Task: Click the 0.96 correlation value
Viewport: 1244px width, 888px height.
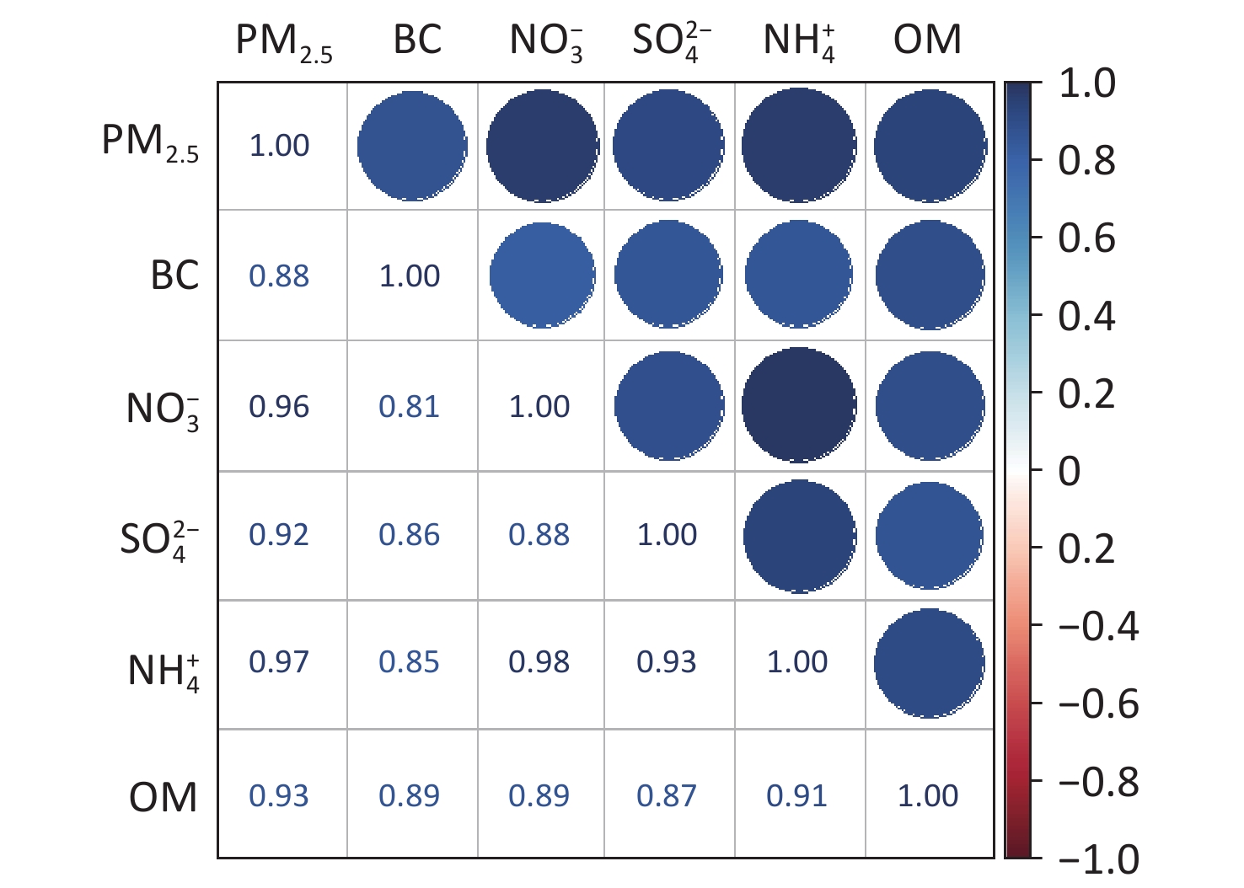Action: point(279,407)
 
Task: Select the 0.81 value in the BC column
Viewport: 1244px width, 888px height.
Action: point(409,407)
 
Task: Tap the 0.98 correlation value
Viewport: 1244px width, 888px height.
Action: point(539,662)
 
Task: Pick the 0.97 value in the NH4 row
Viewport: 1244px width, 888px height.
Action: point(279,662)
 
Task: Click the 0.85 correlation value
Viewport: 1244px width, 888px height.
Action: point(409,662)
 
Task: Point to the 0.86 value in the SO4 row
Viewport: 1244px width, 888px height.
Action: point(409,535)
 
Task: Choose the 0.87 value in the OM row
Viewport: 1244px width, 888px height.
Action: point(667,795)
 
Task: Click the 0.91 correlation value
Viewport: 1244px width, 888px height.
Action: point(796,795)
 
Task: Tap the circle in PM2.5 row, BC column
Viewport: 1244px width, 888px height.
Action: point(412,146)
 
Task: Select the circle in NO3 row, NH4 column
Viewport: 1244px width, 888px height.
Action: point(799,405)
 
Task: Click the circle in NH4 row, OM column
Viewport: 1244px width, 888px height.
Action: point(930,663)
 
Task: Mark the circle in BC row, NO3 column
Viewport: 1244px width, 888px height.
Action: point(542,275)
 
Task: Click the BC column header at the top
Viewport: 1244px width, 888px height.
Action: point(417,40)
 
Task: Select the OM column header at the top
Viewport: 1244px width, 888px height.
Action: point(927,40)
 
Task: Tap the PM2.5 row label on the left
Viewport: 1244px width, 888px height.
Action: point(150,143)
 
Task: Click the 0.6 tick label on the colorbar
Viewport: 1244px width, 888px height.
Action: point(1086,238)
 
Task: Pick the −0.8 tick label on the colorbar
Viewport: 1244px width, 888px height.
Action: point(1098,782)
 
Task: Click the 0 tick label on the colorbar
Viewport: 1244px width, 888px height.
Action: point(1069,472)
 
